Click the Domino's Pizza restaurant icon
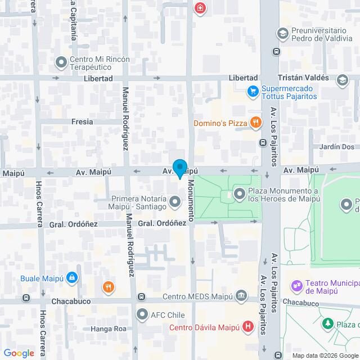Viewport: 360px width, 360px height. coord(255,122)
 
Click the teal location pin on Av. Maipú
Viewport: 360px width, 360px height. coord(179,168)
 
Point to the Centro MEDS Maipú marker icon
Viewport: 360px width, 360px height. coord(242,296)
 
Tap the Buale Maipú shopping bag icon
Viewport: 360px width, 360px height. coord(71,277)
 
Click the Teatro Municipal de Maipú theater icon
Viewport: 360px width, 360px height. coord(296,286)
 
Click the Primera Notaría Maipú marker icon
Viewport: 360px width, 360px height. coord(175,201)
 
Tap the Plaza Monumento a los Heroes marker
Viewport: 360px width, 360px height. coord(240,195)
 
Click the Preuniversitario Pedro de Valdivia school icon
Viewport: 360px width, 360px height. coord(282,34)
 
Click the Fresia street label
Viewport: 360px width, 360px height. coord(82,121)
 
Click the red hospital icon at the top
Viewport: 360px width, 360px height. coord(199,8)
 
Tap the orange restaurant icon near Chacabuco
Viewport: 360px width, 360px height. coord(108,287)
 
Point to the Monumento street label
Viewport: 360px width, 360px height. coord(191,200)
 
